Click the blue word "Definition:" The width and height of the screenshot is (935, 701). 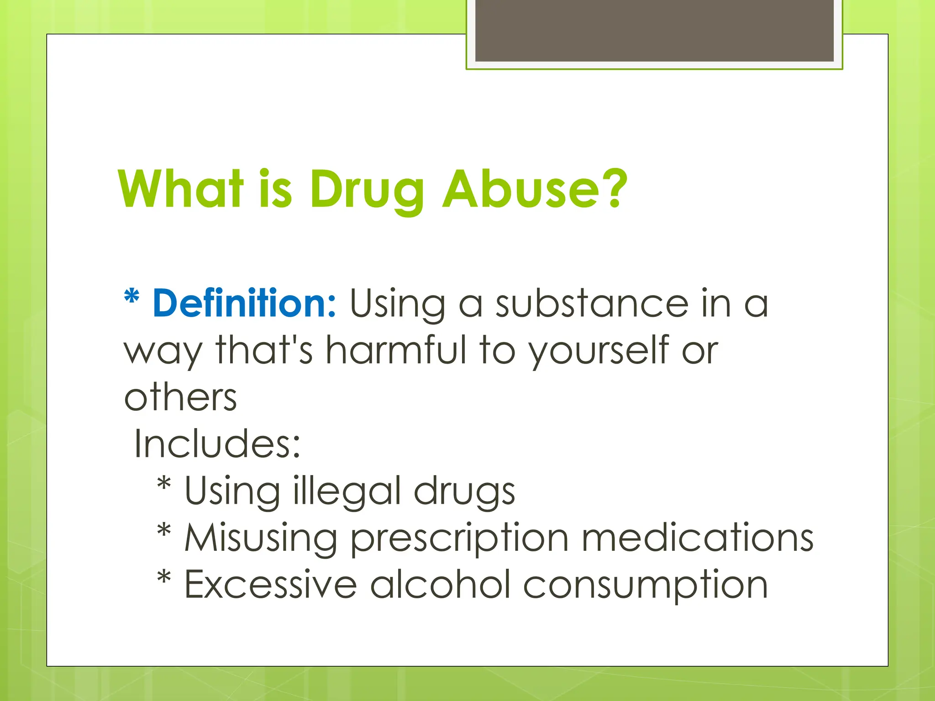pos(244,303)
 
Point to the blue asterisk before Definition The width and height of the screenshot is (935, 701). pos(131,297)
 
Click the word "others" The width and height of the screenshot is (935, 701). pos(180,397)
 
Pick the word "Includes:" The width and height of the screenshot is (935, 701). pos(217,444)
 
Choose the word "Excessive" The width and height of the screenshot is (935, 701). pos(270,585)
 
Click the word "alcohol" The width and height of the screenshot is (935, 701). pos(440,585)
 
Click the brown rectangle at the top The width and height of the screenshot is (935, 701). pos(654,30)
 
